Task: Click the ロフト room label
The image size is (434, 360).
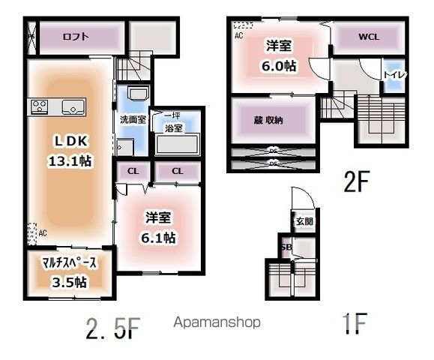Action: (x=76, y=34)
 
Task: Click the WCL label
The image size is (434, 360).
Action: (x=368, y=36)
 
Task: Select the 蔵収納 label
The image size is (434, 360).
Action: (x=268, y=120)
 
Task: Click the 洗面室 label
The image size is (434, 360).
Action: (x=132, y=119)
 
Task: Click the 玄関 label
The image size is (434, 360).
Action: (x=304, y=221)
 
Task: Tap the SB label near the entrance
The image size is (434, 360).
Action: (x=286, y=247)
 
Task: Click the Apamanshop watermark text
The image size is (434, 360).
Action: (x=217, y=322)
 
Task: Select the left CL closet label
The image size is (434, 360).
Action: (x=133, y=171)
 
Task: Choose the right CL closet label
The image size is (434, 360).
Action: (x=177, y=171)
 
